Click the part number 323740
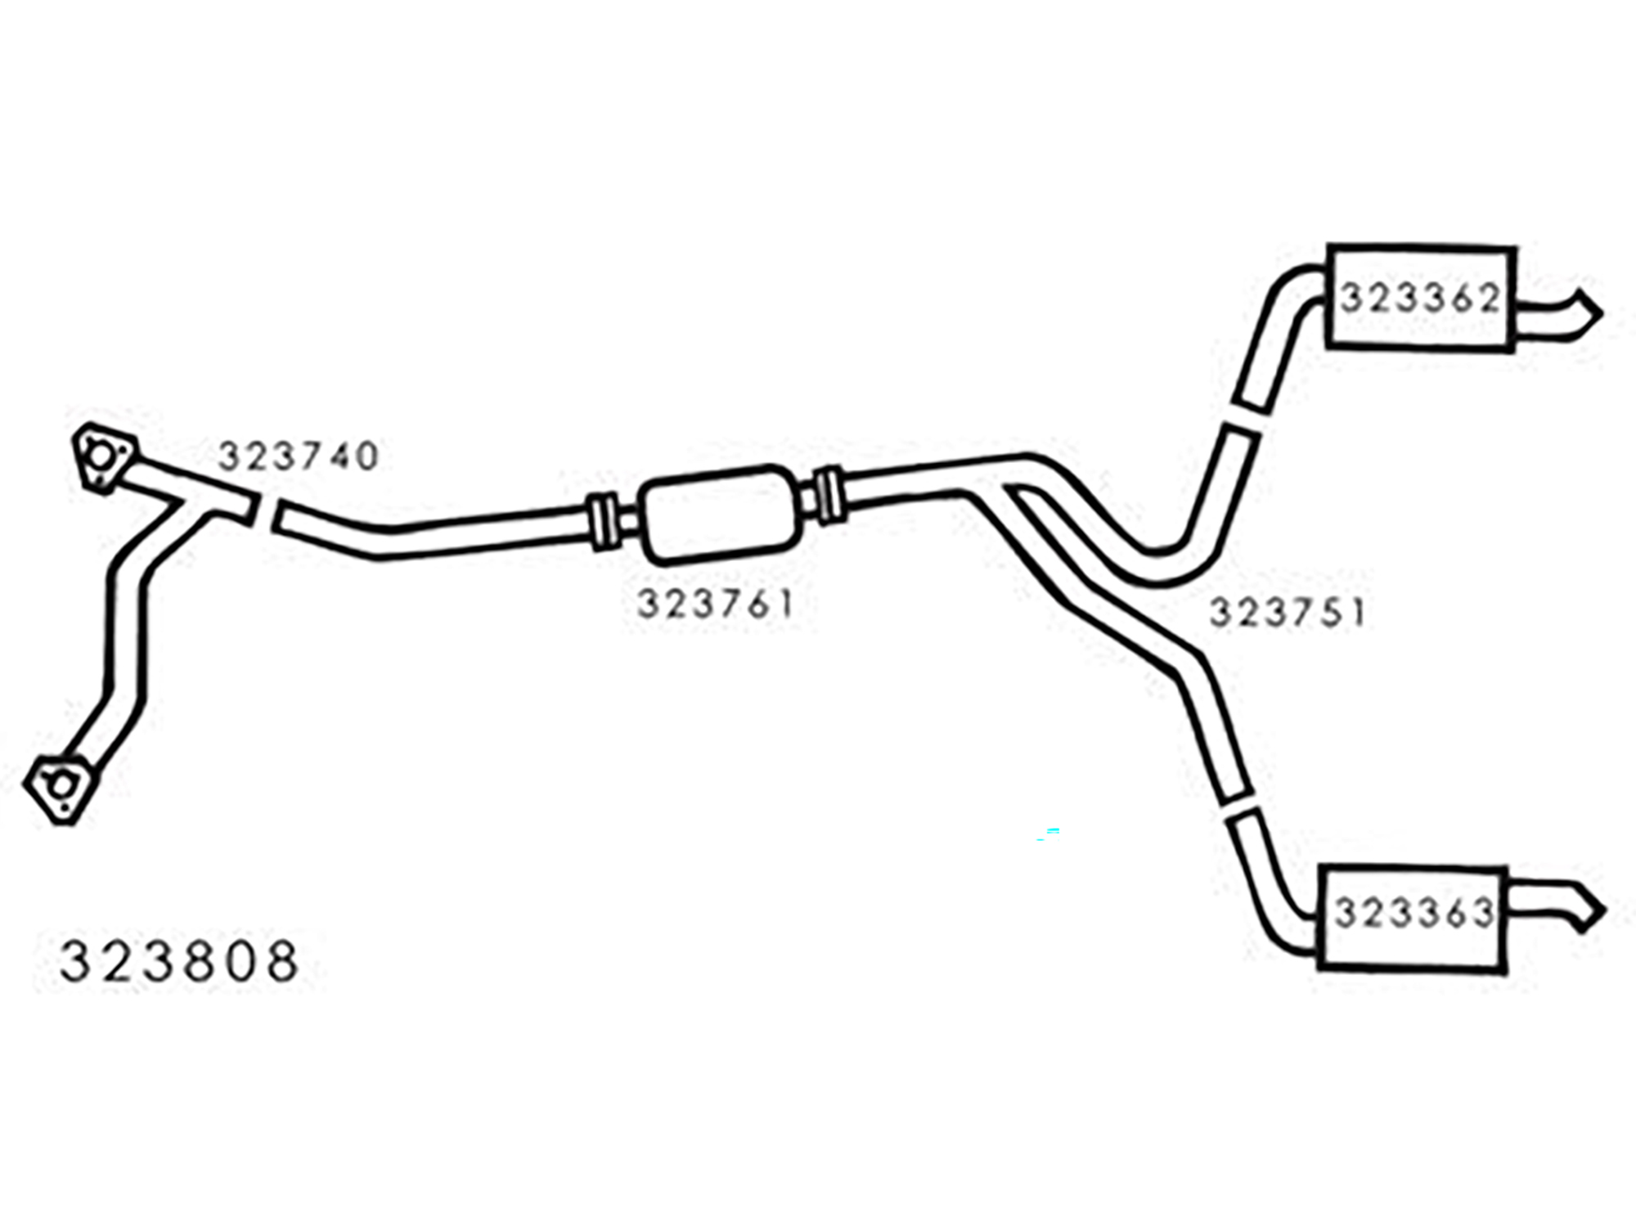pos(299,456)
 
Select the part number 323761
pos(716,605)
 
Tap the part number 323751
pos(1288,613)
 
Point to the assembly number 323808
pos(179,960)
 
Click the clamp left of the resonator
pos(603,524)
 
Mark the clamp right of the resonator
pos(829,495)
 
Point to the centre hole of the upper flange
pos(100,456)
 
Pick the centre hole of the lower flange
pos(59,786)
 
